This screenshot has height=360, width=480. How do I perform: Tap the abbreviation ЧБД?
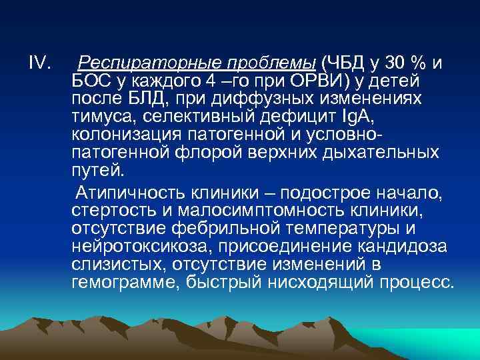(x=342, y=63)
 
